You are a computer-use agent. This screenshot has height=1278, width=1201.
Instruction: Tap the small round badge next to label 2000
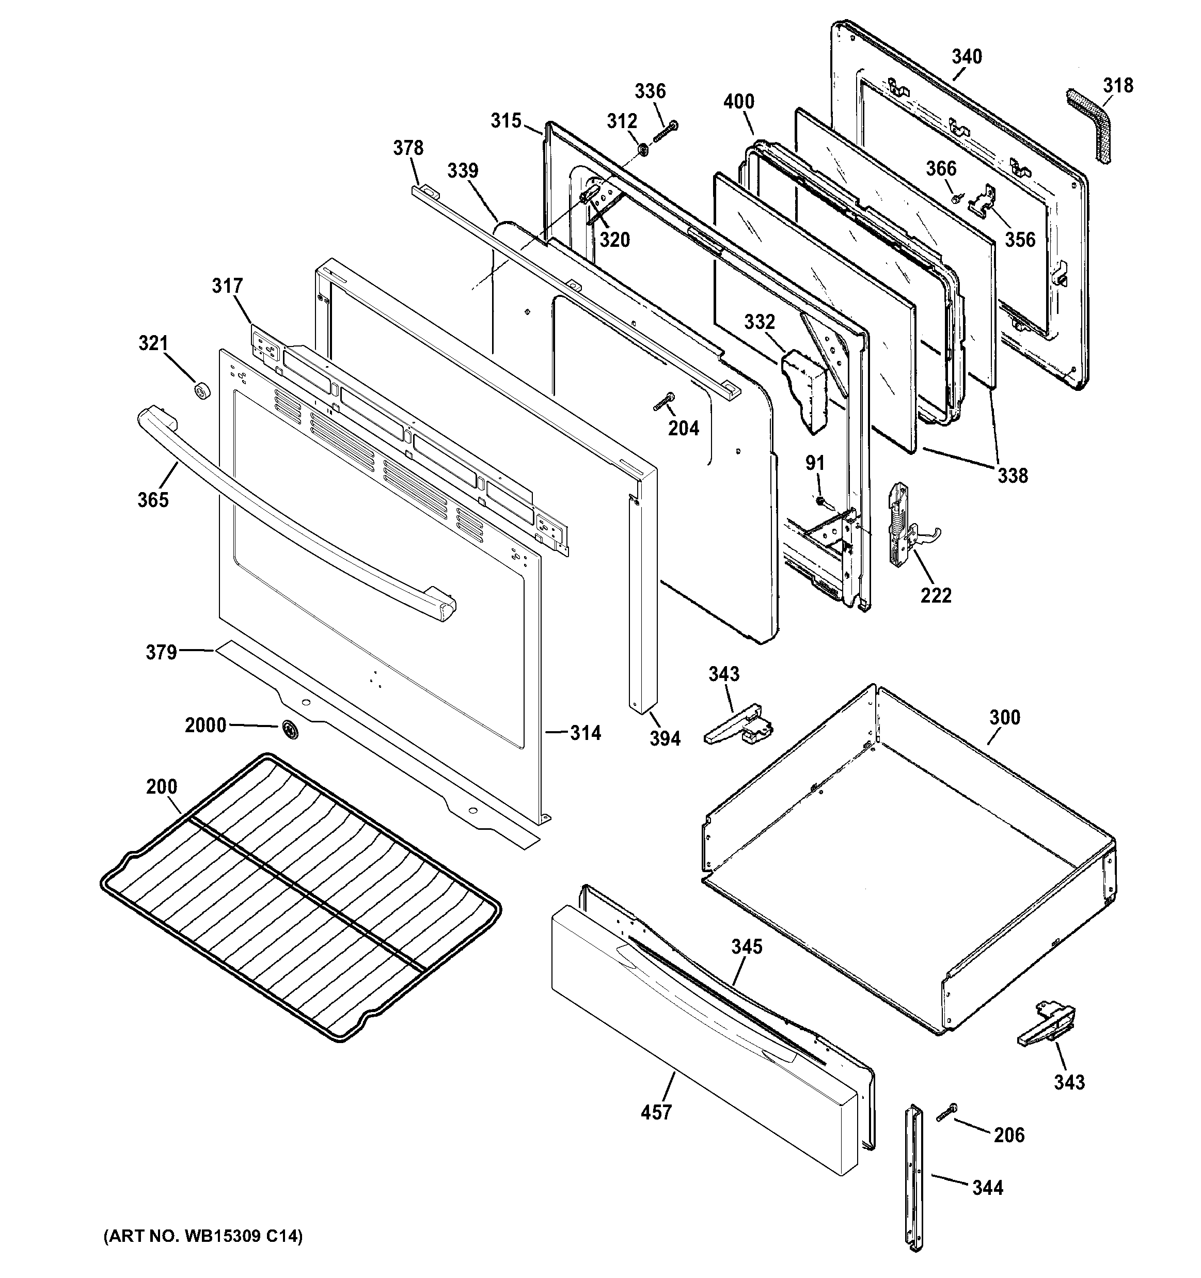pyautogui.click(x=290, y=729)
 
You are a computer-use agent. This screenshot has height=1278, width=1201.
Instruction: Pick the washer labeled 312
pyautogui.click(x=642, y=150)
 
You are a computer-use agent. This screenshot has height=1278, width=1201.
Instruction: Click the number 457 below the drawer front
pyautogui.click(x=656, y=1112)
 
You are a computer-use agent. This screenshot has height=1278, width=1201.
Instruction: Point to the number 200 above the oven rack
pyautogui.click(x=162, y=786)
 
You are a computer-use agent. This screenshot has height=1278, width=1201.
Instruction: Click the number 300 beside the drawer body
pyautogui.click(x=1004, y=717)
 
